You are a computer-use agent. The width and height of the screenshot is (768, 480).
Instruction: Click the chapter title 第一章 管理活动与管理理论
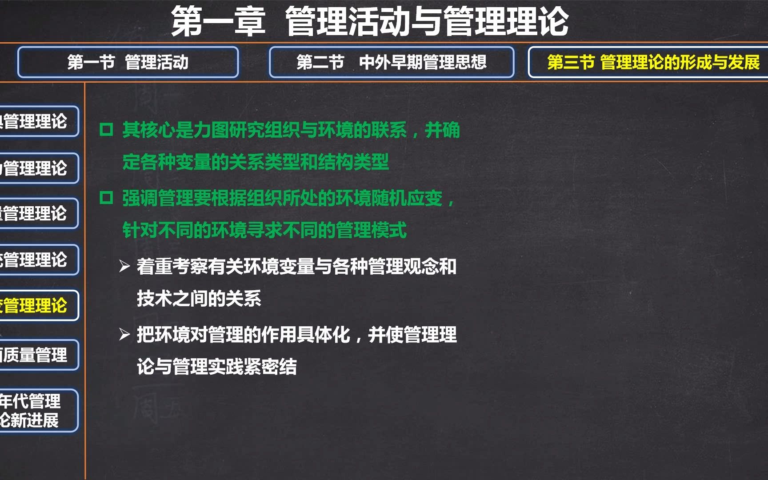(x=370, y=21)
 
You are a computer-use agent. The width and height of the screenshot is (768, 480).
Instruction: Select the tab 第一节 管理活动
(x=128, y=62)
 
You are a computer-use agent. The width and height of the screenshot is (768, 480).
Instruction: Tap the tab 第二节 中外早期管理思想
(x=391, y=62)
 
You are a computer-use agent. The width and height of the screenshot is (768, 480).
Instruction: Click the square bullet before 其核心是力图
(x=106, y=130)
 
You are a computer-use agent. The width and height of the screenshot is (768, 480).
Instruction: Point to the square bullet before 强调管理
(x=106, y=197)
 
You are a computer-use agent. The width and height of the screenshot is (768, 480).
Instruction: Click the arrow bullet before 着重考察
(x=124, y=266)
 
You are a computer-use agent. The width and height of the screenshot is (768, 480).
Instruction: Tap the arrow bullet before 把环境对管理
(x=124, y=334)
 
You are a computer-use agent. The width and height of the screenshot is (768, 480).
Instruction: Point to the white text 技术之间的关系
(x=199, y=299)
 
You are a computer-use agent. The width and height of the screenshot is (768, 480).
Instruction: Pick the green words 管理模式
(x=371, y=230)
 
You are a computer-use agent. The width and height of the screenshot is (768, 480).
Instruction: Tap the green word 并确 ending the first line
(x=442, y=130)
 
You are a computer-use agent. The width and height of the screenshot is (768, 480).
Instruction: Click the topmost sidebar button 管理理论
(x=36, y=121)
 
